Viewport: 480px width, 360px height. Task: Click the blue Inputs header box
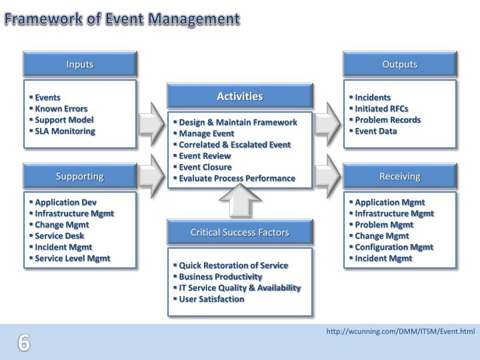[80, 64]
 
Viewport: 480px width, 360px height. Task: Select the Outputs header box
[399, 64]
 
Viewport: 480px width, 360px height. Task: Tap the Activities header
[239, 97]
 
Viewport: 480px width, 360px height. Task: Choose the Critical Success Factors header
[239, 232]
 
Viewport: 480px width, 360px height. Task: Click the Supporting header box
[80, 177]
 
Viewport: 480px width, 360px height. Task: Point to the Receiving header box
[399, 177]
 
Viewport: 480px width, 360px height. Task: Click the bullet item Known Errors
[61, 108]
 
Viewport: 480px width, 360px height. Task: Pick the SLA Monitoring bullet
[65, 131]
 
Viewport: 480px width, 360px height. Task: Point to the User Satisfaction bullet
[211, 299]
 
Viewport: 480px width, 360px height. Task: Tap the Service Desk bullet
[59, 235]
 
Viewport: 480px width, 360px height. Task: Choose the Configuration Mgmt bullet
[394, 247]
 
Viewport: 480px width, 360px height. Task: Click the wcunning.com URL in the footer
[400, 331]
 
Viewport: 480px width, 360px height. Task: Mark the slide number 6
[24, 343]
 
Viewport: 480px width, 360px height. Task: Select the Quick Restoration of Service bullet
[233, 265]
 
